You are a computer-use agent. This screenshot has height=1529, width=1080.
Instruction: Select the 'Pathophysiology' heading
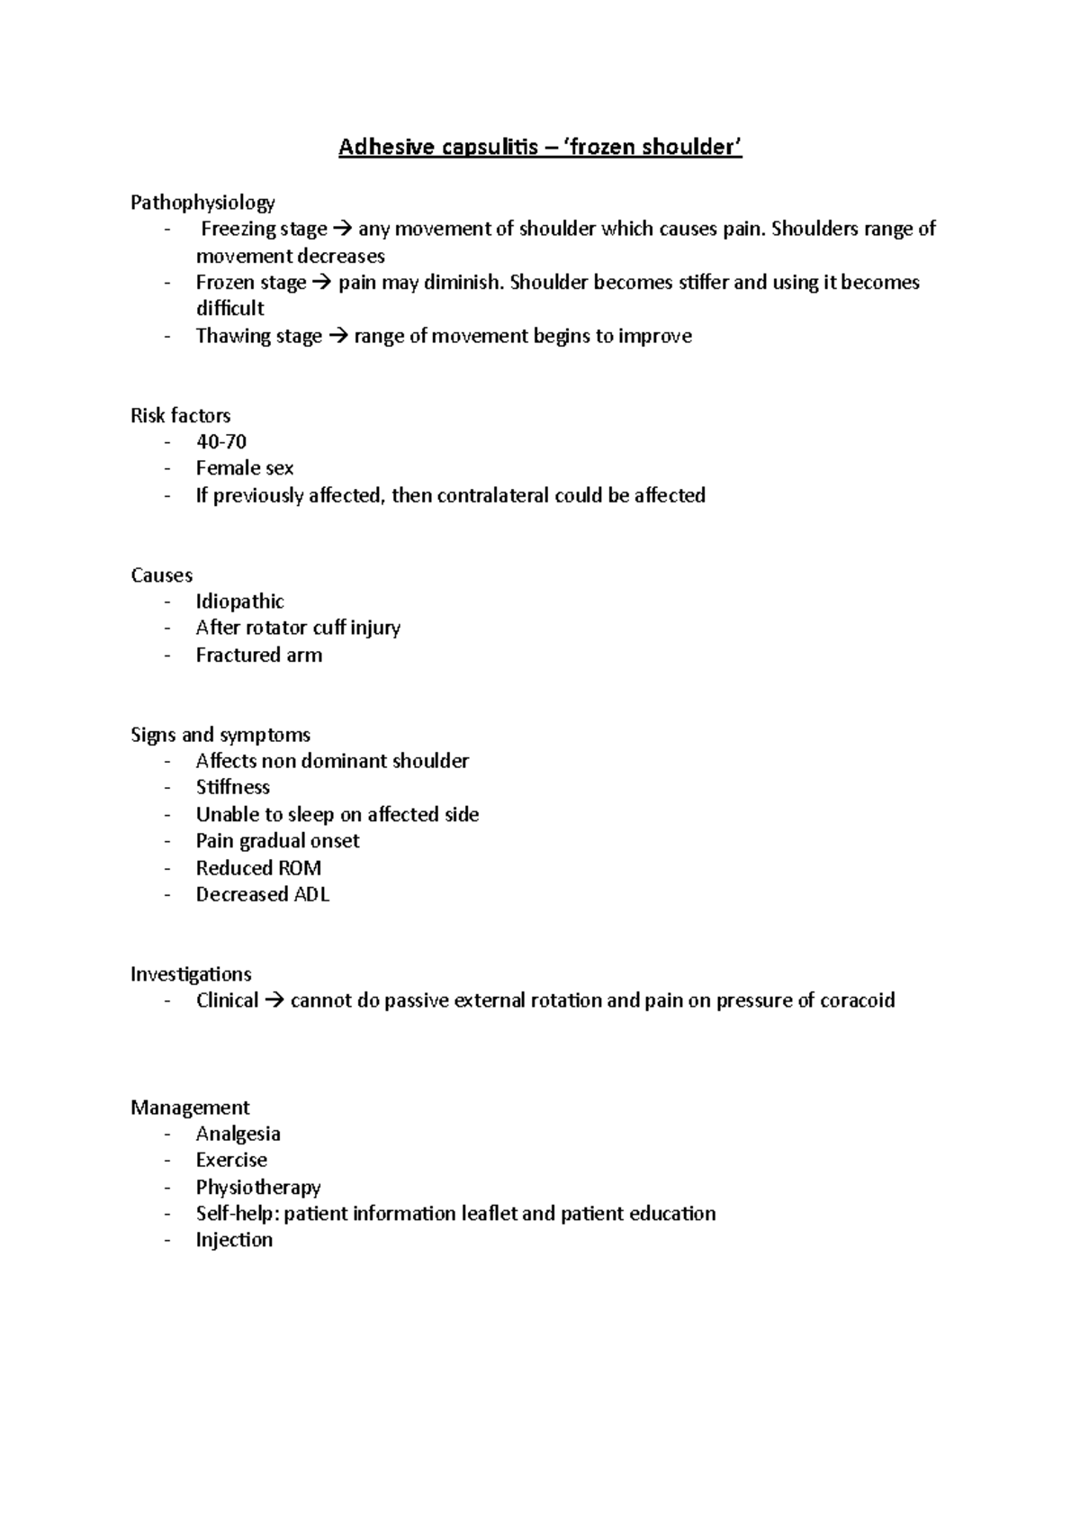[202, 202]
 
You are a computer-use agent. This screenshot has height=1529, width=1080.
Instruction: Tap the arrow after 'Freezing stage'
[342, 229]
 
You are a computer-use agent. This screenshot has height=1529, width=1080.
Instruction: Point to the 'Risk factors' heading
[180, 415]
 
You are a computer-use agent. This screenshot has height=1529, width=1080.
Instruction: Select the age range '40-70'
[220, 441]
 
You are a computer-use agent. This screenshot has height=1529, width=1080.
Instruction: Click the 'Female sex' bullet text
[244, 467]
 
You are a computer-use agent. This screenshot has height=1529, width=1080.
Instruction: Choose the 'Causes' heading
[161, 575]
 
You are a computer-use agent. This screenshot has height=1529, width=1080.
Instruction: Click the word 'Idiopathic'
[239, 601]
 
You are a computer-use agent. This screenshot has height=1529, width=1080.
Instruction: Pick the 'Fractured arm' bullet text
[258, 655]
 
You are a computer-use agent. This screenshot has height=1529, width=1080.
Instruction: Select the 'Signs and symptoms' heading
[220, 734]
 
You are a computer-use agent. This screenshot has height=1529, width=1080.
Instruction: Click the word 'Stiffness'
[232, 787]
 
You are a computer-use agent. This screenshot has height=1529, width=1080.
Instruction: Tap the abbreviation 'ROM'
[300, 867]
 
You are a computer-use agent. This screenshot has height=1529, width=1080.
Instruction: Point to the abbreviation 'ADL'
[311, 894]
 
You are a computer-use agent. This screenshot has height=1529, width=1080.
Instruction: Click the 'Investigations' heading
[190, 973]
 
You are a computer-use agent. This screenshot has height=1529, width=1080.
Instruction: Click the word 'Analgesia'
[238, 1133]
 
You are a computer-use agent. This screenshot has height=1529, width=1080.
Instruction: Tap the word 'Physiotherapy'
[257, 1187]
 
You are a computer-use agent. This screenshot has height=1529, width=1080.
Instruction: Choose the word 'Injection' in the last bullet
[234, 1240]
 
